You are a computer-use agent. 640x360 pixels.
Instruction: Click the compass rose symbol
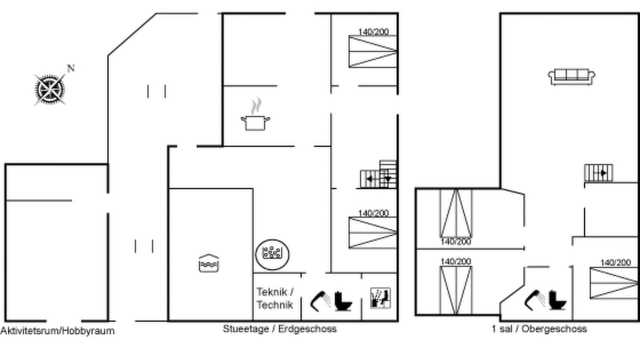point(50,89)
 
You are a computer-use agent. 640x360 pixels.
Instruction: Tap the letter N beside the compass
point(71,68)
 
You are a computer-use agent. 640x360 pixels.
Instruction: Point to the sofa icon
point(571,76)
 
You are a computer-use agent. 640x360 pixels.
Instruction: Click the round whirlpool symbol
point(272,254)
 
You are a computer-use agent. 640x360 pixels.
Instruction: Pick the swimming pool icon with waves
point(209,263)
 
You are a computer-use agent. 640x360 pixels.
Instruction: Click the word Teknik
point(271,292)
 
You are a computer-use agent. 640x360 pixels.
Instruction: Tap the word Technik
point(275,305)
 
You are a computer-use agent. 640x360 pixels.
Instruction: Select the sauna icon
point(380,298)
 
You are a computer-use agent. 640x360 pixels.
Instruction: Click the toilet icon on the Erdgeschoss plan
point(343,301)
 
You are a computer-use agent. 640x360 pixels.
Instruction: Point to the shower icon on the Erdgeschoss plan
point(320,301)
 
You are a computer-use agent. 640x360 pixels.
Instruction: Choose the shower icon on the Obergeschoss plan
point(535,299)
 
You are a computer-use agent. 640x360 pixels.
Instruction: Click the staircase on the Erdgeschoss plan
point(378,174)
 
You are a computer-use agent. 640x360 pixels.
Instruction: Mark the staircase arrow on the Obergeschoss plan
point(600,173)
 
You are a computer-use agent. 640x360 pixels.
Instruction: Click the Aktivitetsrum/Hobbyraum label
point(57,331)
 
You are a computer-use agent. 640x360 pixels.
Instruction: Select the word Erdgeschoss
point(307,329)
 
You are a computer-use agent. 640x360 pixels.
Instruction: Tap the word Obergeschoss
point(554,329)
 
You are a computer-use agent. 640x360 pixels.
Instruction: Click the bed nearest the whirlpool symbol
point(373,232)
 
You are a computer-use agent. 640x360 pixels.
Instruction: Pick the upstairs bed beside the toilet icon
point(613,283)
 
